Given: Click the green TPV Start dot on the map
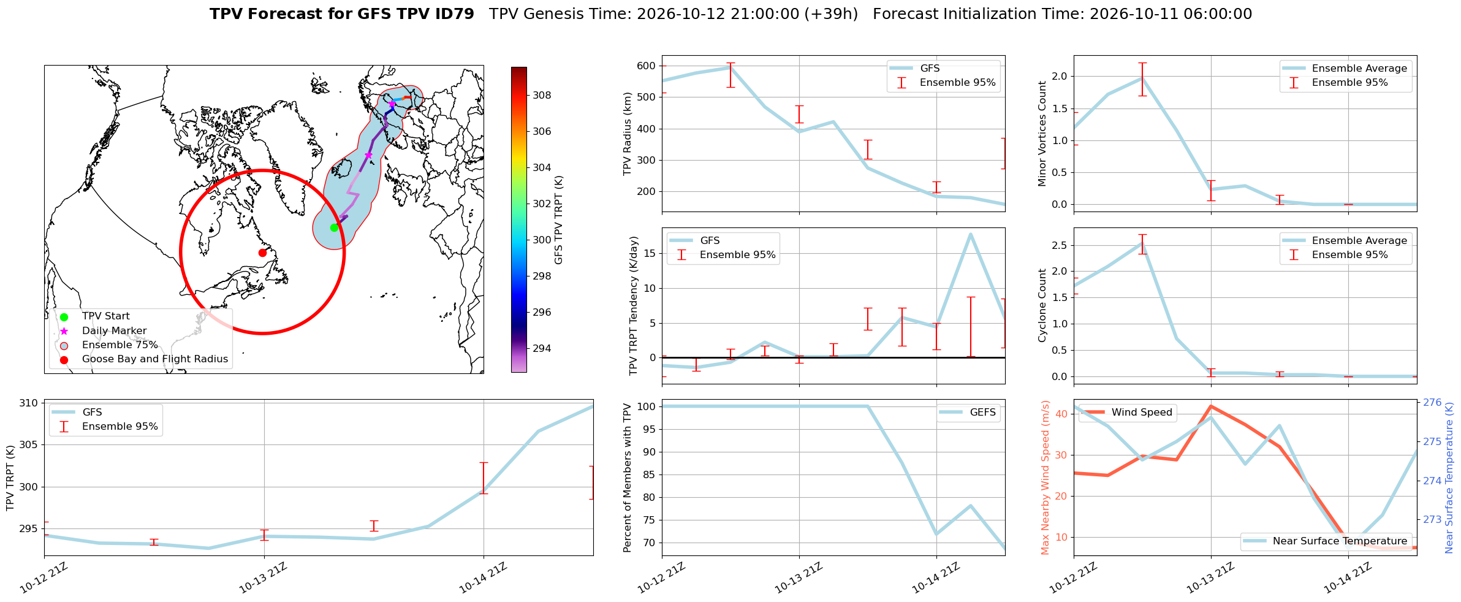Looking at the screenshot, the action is point(334,227).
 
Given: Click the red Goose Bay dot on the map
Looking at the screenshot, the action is point(262,253).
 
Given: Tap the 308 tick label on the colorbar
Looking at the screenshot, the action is point(542,95).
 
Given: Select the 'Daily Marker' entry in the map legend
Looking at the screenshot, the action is point(114,330).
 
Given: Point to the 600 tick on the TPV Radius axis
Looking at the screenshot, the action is point(647,66).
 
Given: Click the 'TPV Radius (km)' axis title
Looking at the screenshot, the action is point(627,134).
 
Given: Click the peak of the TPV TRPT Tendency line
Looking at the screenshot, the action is point(971,234).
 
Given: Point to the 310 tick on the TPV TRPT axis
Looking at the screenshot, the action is point(28,403).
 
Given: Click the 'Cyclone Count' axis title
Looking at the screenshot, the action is point(1042,305).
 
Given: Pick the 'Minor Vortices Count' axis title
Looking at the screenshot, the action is point(1042,134).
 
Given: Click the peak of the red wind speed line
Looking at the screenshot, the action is point(1211,406).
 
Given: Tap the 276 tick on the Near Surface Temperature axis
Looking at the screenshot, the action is point(1432,402).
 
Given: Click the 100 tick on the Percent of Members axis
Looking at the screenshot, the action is point(647,406).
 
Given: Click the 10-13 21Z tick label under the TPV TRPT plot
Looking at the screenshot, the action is point(262,578).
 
